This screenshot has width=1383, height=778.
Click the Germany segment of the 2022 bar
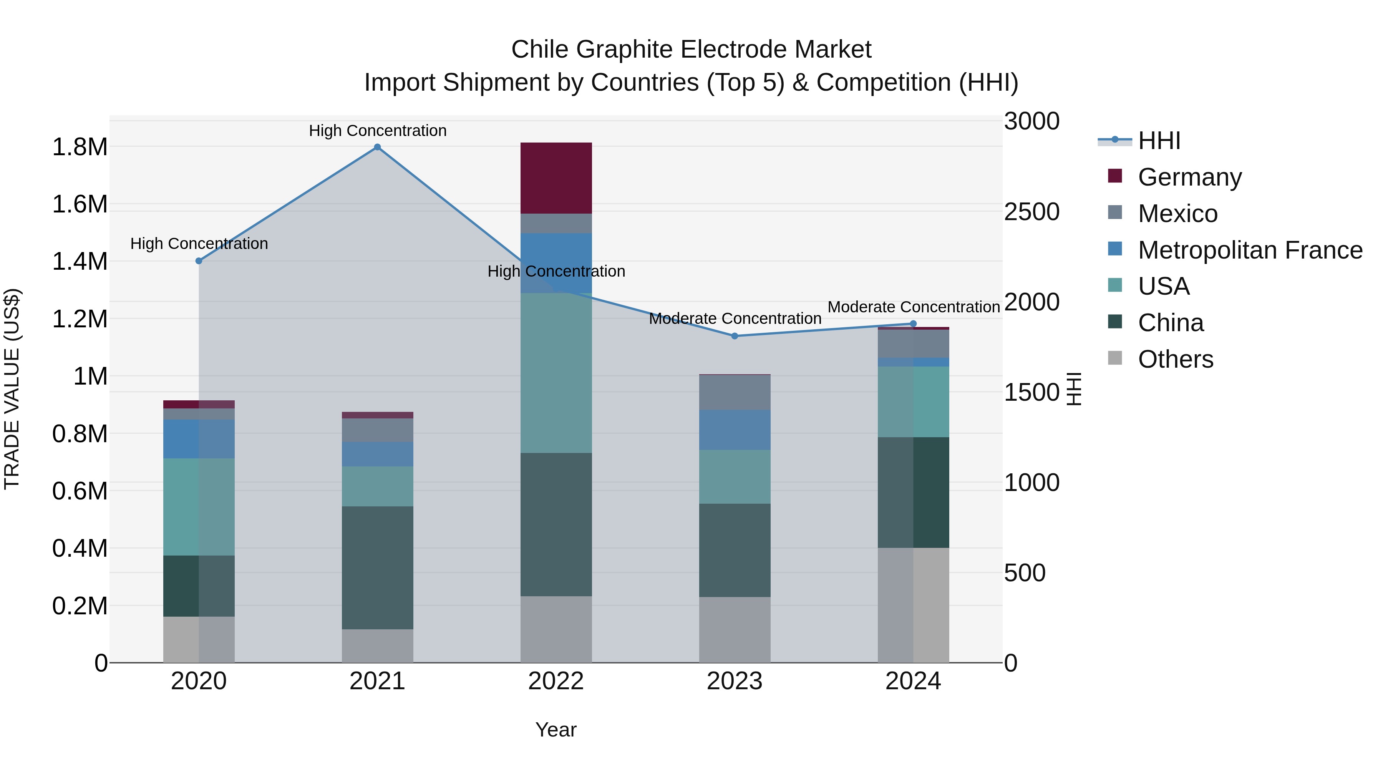(556, 178)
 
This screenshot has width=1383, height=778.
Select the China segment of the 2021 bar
(377, 567)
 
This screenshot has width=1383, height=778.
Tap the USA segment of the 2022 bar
(556, 373)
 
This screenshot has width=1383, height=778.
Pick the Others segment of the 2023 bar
(735, 629)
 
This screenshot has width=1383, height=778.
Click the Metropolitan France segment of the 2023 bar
(735, 430)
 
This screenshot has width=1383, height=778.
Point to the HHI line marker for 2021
(377, 147)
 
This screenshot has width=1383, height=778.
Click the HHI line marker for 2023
(735, 336)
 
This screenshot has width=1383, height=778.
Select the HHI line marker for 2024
(913, 324)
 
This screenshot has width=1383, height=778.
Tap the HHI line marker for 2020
(199, 261)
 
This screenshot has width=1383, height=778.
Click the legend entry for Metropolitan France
(1250, 250)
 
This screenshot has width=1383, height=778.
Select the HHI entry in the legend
(1159, 141)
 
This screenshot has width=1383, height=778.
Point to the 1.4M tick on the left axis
(80, 262)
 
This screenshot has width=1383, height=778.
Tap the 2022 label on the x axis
(556, 681)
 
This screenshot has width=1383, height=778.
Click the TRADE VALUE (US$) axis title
(12, 389)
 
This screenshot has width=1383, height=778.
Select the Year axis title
(556, 730)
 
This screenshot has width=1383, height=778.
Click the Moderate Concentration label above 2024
(913, 307)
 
